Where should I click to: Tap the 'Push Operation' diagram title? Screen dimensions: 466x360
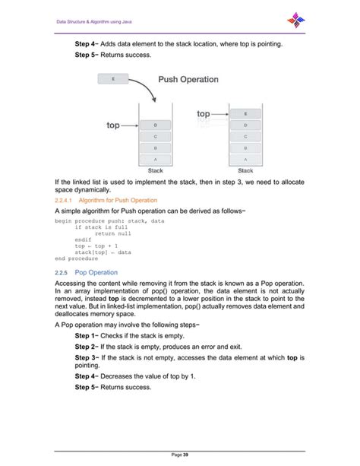pos(188,79)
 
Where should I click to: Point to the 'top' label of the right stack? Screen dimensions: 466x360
pos(204,113)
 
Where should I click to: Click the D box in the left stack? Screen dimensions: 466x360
pos(154,125)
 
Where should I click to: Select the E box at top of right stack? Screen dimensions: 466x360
pos(245,113)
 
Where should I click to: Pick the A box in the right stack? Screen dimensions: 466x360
pos(245,160)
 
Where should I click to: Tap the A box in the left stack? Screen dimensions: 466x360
pos(154,160)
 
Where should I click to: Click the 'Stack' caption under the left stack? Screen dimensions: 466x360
pos(154,171)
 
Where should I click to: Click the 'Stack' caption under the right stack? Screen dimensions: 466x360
pos(245,171)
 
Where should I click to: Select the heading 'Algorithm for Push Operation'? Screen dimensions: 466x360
pos(114,201)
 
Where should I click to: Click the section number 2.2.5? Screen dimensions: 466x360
pos(62,271)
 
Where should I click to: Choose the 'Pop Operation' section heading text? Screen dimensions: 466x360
pos(96,271)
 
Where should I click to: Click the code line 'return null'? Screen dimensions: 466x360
pos(112,233)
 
